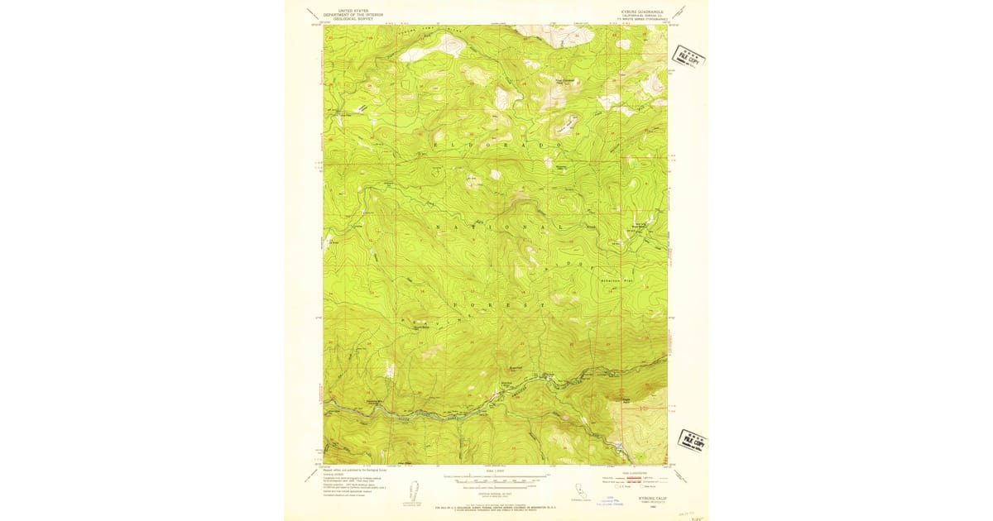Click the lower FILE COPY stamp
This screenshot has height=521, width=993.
(x=692, y=442)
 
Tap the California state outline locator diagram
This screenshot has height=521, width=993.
(x=583, y=493)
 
